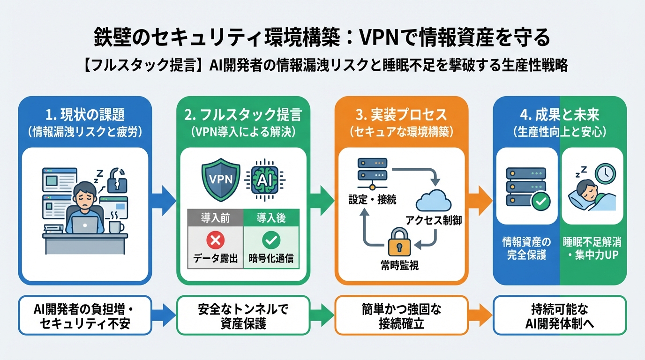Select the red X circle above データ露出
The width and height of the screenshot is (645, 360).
[x=215, y=240]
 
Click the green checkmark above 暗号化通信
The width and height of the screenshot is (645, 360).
[x=271, y=240]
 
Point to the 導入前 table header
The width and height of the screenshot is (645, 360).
[x=215, y=217]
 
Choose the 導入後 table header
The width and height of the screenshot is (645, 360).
[x=271, y=217]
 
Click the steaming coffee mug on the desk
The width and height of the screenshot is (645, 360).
[x=116, y=226]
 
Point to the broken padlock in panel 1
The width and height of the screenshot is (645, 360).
[x=117, y=180]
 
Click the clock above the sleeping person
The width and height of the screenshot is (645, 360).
[x=605, y=173]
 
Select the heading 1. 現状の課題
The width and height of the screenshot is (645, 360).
[x=84, y=115]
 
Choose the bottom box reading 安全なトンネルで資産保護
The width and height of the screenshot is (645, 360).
[x=243, y=315]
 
